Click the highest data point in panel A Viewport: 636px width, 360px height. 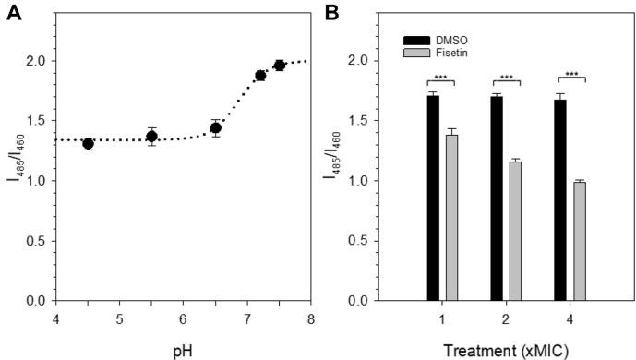coord(279,66)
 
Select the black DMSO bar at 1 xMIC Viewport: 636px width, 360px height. coord(433,198)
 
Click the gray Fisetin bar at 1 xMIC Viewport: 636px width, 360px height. coord(451,217)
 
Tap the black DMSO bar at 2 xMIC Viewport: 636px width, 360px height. coord(496,198)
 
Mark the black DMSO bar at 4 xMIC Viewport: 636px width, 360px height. coord(559,199)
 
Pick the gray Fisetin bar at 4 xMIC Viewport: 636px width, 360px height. coord(578,241)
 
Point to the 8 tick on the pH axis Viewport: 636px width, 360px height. coord(310,318)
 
